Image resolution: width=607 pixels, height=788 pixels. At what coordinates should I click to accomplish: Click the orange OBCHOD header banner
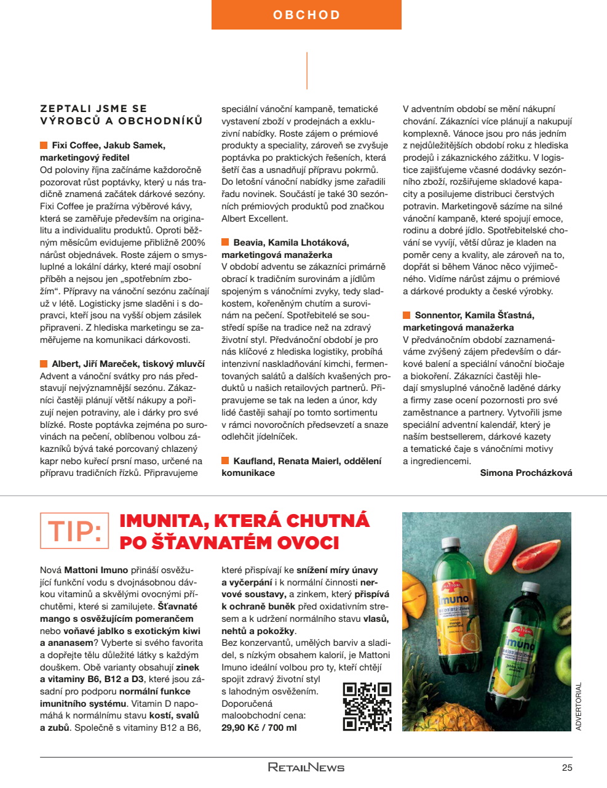306,15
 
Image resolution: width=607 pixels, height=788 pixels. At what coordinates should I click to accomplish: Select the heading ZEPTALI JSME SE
93,109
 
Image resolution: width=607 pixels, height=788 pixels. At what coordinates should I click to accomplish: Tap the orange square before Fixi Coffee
44,145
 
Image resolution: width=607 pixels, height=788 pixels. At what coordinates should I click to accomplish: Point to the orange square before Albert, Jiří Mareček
44,364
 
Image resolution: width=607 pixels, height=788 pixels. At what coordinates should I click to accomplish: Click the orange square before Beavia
225,243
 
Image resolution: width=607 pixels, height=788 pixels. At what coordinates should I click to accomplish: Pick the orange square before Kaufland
225,460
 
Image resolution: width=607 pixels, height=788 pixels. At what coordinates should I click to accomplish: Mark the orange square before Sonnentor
407,315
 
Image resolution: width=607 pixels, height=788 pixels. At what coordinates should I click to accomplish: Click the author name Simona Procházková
526,473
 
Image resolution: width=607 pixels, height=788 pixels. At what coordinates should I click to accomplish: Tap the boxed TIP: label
74,531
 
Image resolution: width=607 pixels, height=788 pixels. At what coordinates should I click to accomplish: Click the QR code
367,707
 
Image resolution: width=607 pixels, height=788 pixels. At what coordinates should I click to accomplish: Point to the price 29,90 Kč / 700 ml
259,728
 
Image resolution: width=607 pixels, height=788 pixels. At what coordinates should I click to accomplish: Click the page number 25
566,767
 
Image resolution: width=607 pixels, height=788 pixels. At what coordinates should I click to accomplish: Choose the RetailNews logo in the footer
306,767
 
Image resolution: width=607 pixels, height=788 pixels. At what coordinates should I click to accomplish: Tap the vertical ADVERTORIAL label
578,706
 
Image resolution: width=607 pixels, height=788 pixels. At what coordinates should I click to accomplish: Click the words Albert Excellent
255,219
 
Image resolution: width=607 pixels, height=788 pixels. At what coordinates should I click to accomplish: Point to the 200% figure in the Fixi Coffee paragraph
192,243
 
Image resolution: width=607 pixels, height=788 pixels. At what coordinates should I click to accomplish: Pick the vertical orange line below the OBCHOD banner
306,71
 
